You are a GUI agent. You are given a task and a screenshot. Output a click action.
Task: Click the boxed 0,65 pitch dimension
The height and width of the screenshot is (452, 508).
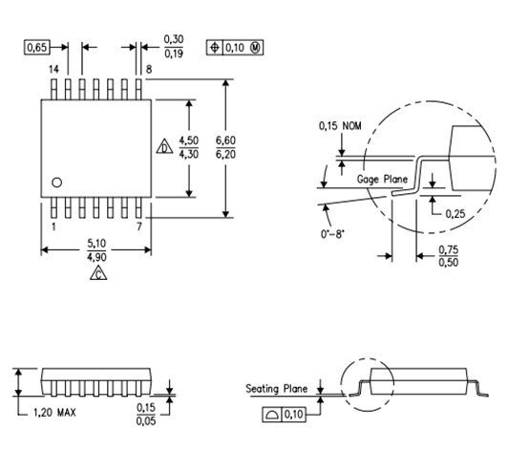pyautogui.click(x=37, y=48)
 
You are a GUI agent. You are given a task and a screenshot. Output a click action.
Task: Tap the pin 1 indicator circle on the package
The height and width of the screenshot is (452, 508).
pyautogui.click(x=56, y=183)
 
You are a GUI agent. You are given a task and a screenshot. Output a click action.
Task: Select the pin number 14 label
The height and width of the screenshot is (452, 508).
pyautogui.click(x=53, y=70)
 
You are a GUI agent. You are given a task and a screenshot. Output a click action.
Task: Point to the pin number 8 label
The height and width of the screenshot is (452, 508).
pyautogui.click(x=149, y=70)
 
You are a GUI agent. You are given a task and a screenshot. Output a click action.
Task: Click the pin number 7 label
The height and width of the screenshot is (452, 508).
pyautogui.click(x=139, y=226)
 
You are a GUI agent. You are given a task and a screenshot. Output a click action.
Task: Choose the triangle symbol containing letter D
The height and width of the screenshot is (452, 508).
pyautogui.click(x=164, y=147)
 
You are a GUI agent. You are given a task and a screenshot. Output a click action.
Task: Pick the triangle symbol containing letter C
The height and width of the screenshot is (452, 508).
pyautogui.click(x=98, y=273)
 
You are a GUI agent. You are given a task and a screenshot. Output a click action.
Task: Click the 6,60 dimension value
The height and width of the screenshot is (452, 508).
pyautogui.click(x=225, y=140)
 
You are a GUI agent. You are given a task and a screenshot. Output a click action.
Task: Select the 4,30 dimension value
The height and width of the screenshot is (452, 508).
pyautogui.click(x=189, y=154)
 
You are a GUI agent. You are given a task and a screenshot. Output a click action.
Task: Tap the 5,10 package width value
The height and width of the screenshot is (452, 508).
pyautogui.click(x=96, y=243)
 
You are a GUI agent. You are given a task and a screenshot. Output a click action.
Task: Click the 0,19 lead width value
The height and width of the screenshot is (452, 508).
pyautogui.click(x=174, y=54)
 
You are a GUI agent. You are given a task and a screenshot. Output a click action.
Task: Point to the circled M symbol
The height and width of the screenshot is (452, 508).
pyautogui.click(x=256, y=48)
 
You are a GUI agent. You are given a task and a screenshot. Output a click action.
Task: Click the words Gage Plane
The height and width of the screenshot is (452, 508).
pyautogui.click(x=382, y=180)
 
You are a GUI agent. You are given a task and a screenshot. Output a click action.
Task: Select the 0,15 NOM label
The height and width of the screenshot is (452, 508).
pyautogui.click(x=340, y=126)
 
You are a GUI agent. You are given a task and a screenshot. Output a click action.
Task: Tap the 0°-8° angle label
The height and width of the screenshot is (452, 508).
pyautogui.click(x=332, y=234)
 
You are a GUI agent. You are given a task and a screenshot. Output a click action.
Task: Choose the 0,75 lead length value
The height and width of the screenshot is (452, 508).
pyautogui.click(x=449, y=250)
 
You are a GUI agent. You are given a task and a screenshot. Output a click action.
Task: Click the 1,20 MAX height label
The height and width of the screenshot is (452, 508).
pyautogui.click(x=54, y=413)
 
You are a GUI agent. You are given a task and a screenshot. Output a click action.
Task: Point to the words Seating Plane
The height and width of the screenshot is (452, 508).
pyautogui.click(x=276, y=389)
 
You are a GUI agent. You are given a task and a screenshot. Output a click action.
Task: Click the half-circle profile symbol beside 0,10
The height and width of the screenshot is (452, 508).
pyautogui.click(x=272, y=415)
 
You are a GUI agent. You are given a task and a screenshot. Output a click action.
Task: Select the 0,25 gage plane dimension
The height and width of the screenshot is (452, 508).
pyautogui.click(x=455, y=214)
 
